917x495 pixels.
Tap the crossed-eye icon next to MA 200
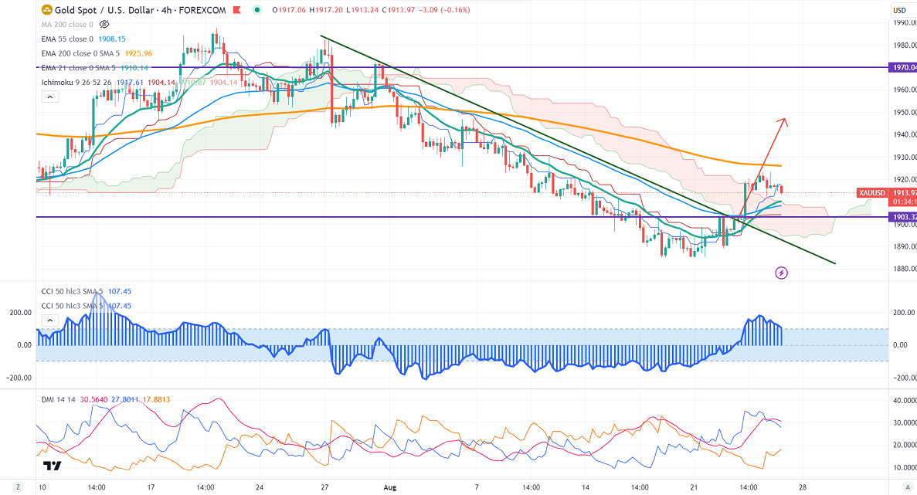104,25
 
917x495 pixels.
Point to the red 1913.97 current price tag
903,192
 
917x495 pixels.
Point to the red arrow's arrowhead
784,120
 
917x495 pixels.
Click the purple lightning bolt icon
781,273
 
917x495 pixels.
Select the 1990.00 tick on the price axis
903,22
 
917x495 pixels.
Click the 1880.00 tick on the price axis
903,269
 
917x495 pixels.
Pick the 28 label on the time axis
803,488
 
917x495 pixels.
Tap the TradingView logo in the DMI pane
53,466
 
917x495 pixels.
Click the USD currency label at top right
900,10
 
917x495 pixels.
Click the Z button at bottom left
17,488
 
